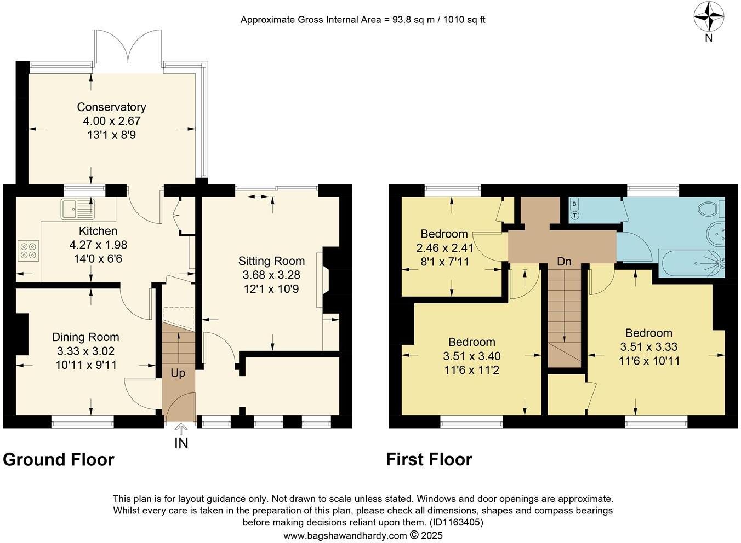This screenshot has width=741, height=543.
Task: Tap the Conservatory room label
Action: pyautogui.click(x=111, y=107)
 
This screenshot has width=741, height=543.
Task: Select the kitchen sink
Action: pyautogui.click(x=78, y=209)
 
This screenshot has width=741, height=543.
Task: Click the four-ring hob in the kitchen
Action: pyautogui.click(x=28, y=251)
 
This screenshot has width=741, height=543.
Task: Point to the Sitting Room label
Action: pyautogui.click(x=271, y=261)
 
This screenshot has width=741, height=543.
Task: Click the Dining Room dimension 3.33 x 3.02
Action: pyautogui.click(x=86, y=351)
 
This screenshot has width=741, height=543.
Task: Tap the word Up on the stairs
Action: pyautogui.click(x=178, y=373)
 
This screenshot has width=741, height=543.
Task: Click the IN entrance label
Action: pyautogui.click(x=181, y=443)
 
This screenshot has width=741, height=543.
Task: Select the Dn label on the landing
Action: pyautogui.click(x=564, y=262)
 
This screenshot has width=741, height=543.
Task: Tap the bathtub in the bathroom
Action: pyautogui.click(x=691, y=263)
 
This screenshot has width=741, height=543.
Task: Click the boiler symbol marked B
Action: pyautogui.click(x=574, y=204)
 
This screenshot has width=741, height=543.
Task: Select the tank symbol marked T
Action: pyautogui.click(x=575, y=215)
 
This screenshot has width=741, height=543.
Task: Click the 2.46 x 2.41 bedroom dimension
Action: pyautogui.click(x=444, y=248)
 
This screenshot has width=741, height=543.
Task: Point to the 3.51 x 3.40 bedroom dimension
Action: pyautogui.click(x=472, y=356)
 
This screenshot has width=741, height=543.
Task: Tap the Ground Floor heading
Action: pyautogui.click(x=59, y=459)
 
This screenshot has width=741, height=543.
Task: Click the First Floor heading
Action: pyautogui.click(x=429, y=459)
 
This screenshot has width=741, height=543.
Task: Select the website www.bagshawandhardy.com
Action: pyautogui.click(x=345, y=535)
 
